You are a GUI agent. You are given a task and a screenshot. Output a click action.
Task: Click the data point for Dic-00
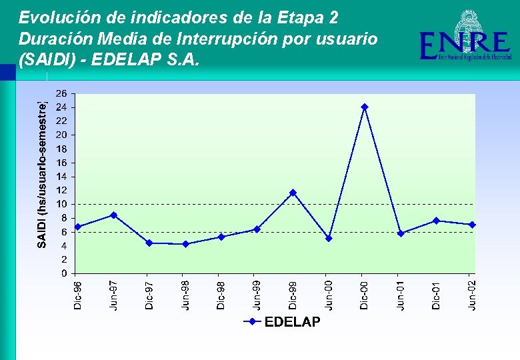(x=364, y=107)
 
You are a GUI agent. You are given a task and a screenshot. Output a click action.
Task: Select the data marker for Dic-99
(x=292, y=193)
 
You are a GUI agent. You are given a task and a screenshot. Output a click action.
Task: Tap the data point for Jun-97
(x=113, y=215)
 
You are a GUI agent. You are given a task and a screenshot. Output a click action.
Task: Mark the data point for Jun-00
(x=328, y=238)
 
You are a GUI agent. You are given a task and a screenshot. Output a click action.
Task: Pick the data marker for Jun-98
(x=185, y=244)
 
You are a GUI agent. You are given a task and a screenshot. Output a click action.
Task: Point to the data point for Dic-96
(x=77, y=227)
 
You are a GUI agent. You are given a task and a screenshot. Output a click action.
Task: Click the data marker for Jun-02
(x=472, y=225)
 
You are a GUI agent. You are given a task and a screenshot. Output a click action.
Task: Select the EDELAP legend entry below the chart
(x=283, y=322)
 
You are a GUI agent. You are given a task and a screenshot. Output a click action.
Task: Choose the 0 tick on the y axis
(x=63, y=273)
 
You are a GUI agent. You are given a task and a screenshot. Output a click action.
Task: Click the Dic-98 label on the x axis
(x=221, y=294)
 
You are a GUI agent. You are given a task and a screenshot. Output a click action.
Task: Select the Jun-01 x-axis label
(x=401, y=294)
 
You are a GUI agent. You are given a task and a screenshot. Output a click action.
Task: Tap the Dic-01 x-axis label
(x=437, y=294)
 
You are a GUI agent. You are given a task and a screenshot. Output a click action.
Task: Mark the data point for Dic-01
(x=436, y=221)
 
